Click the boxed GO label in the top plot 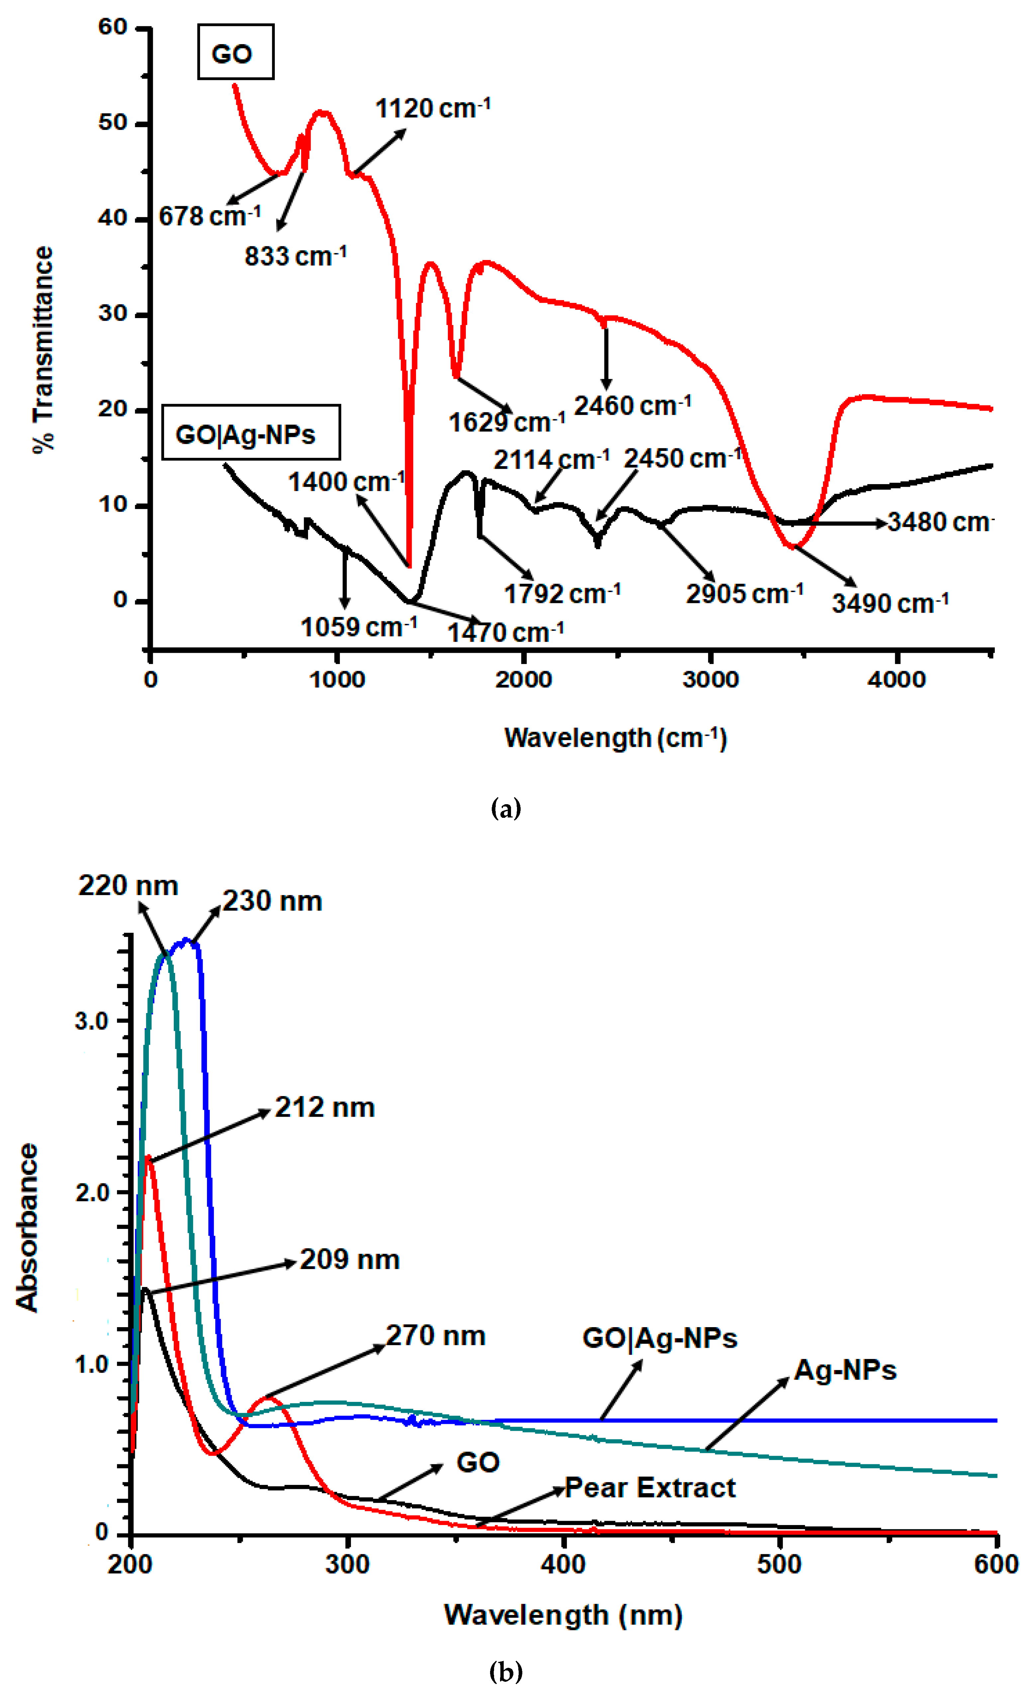point(235,52)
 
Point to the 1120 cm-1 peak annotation point(432,109)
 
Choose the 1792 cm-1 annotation point(561,593)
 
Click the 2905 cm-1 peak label point(744,593)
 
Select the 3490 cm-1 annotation point(889,603)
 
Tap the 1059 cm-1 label point(358,627)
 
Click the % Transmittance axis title point(43,350)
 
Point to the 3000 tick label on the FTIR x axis point(710,679)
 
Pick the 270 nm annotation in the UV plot point(435,1335)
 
